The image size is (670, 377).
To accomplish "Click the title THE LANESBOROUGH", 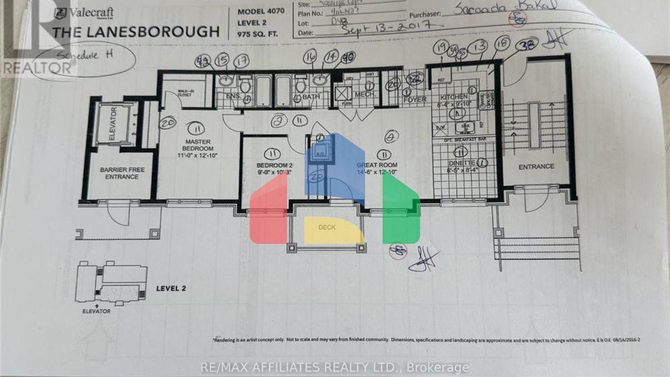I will [136, 32].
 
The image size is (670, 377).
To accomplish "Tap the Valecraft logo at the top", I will [84, 13].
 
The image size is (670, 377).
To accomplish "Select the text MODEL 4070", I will [261, 12].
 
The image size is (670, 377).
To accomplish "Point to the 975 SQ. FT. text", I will [257, 34].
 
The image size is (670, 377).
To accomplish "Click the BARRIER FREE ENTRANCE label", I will [122, 173].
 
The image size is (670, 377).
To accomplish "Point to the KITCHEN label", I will [454, 97].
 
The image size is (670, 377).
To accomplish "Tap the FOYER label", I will [415, 99].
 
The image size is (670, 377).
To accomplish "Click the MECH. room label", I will [365, 95].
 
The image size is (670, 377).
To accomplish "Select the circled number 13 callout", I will [479, 46].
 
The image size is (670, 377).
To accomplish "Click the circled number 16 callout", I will [310, 57].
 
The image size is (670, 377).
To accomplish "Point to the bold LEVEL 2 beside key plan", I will [171, 288].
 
